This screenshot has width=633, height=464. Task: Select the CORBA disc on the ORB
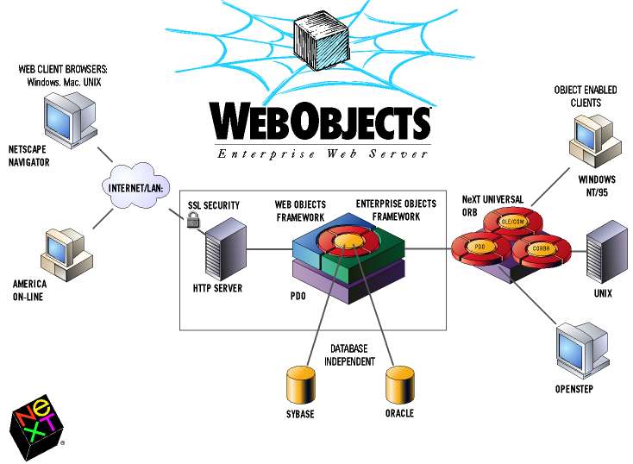tap(540, 249)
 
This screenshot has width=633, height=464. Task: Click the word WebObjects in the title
tap(319, 122)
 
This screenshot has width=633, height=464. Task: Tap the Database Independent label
tap(349, 354)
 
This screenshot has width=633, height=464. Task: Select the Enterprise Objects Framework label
tap(396, 210)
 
